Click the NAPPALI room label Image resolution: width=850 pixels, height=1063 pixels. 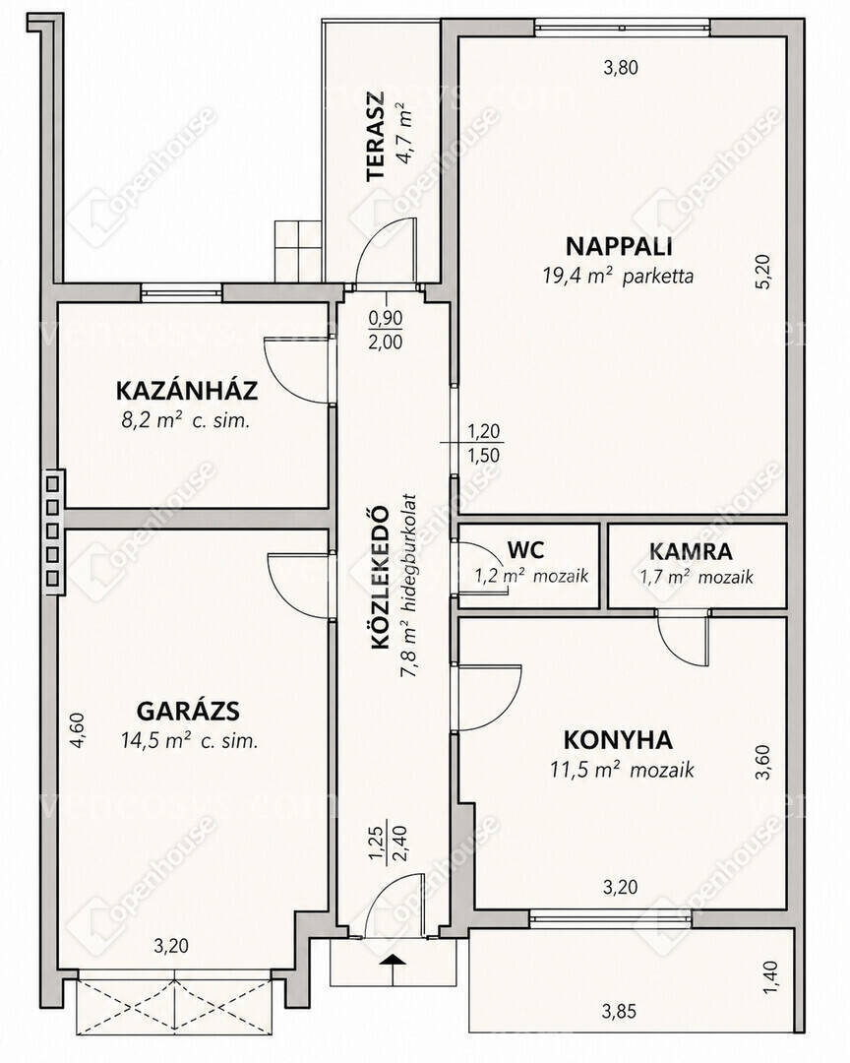tap(619, 245)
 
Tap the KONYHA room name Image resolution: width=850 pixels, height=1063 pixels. tap(618, 739)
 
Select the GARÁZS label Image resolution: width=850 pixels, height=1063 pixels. tap(189, 712)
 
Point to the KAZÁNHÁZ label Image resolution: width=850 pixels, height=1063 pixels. tap(186, 391)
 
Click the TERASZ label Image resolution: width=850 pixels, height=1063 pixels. tap(375, 136)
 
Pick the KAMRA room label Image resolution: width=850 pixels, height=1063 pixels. tap(691, 552)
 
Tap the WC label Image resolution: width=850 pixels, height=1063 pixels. tap(525, 549)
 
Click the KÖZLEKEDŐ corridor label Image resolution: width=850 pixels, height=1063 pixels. tap(381, 578)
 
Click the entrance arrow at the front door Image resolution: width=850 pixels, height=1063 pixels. tap(393, 965)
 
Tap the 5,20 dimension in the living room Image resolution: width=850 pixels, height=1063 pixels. tap(763, 272)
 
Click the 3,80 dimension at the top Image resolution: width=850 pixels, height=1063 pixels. tap(621, 67)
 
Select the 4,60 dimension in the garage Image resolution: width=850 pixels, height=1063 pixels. tap(78, 730)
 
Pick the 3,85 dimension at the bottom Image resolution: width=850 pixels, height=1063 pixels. tap(619, 1012)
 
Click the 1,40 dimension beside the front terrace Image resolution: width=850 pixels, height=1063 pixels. tap(771, 978)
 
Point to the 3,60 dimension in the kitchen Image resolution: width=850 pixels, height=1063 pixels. tap(763, 762)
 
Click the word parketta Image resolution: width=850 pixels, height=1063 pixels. tap(658, 277)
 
